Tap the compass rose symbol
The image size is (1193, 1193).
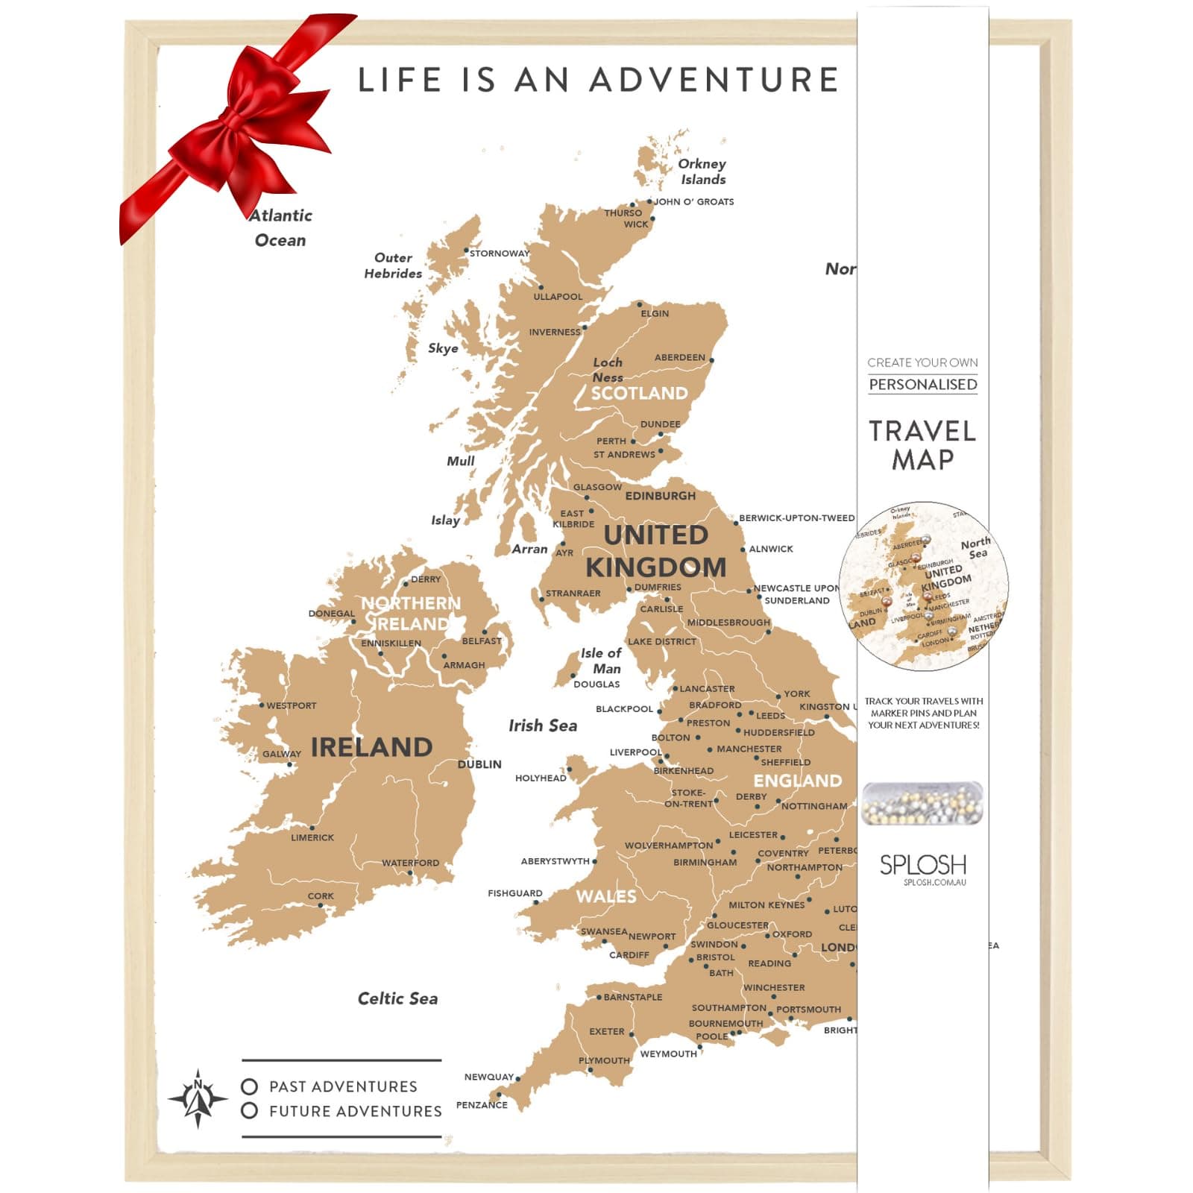[x=198, y=1098]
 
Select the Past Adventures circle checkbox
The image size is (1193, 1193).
[x=250, y=1086]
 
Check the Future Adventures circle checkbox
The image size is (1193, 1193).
[x=250, y=1111]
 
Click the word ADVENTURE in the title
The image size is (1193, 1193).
[x=714, y=80]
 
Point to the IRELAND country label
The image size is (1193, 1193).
[x=371, y=747]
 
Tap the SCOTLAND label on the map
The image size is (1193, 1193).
[x=639, y=393]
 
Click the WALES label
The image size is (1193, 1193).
[x=606, y=896]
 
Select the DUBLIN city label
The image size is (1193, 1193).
[x=479, y=764]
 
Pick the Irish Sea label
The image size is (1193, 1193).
[x=543, y=725]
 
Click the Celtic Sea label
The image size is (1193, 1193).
[x=397, y=998]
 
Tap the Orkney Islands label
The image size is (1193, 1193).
[x=702, y=171]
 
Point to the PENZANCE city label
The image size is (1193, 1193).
[x=482, y=1105]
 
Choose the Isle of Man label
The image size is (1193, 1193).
[x=601, y=661]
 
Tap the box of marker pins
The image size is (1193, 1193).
[x=922, y=803]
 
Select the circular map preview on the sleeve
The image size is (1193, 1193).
[x=924, y=586]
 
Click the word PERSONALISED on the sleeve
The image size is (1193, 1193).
[x=923, y=384]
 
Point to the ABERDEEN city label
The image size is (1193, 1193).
[x=679, y=357]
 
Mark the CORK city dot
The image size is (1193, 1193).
[x=321, y=906]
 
